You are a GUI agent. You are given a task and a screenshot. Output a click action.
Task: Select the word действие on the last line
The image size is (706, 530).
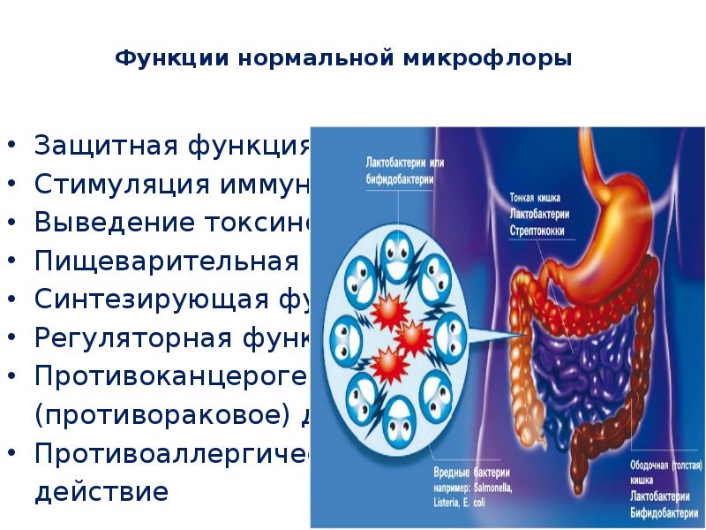click(101, 491)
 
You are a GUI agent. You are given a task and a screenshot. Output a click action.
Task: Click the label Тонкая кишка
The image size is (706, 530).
click(535, 198)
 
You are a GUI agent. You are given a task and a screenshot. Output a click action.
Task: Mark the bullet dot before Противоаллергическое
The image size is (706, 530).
click(12, 454)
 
